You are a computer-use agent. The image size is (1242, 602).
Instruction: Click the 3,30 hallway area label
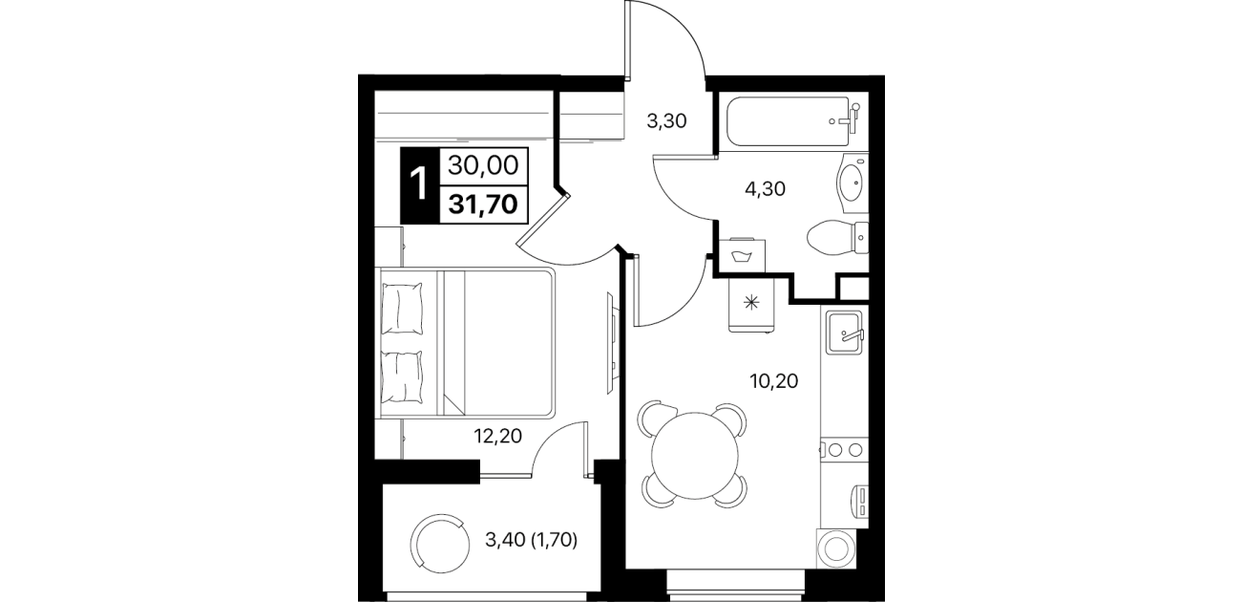tap(667, 121)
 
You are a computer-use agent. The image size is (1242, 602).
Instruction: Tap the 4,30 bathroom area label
tap(766, 189)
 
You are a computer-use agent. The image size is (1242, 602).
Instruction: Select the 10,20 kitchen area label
tap(774, 381)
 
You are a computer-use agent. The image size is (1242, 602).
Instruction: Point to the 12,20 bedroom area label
tap(498, 436)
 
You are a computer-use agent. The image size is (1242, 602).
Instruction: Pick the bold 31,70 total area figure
tap(483, 204)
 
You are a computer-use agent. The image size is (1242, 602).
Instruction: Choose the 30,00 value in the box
tap(483, 165)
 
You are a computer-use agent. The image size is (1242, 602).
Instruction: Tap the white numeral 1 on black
tap(420, 185)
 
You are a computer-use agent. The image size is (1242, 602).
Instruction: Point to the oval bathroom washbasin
tap(852, 183)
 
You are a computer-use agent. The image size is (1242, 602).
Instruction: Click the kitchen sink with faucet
tap(845, 332)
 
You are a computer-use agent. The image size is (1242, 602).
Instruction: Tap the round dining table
tap(695, 456)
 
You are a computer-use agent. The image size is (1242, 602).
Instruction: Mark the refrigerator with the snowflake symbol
tap(751, 304)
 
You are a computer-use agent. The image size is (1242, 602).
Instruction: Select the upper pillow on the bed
tap(402, 309)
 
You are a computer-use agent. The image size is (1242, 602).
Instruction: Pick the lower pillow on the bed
tap(402, 376)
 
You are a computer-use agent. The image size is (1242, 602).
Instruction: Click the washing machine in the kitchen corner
tap(836, 548)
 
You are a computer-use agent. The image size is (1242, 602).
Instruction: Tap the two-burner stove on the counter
tap(844, 449)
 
